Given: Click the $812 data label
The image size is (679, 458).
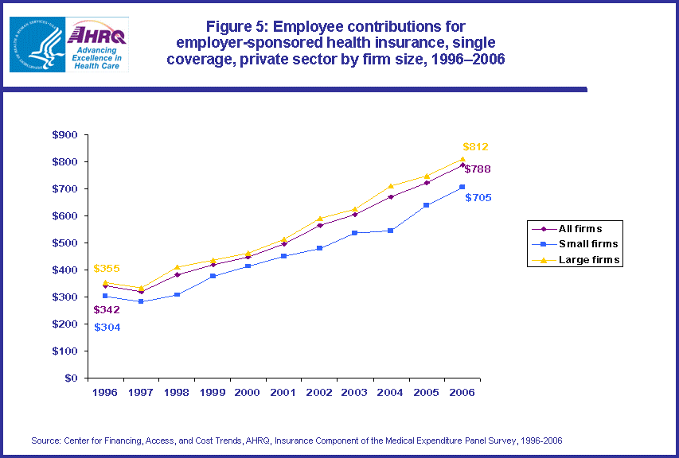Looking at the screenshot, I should click(x=475, y=147).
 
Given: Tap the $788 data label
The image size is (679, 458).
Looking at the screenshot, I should click(x=478, y=169).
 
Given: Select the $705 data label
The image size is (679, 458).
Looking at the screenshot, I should click(x=478, y=197).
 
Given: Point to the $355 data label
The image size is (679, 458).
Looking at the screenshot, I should click(x=107, y=269).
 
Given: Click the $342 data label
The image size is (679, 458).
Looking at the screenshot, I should click(x=107, y=310).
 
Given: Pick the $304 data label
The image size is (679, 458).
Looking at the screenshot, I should click(x=107, y=327).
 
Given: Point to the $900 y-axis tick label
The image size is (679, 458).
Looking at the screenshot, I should click(x=64, y=135).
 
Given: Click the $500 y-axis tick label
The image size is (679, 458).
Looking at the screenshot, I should click(x=64, y=243).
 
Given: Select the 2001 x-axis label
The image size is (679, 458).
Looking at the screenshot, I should click(x=284, y=393).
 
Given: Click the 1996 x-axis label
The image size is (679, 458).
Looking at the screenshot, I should click(x=105, y=393).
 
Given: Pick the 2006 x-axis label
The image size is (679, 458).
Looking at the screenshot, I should click(x=462, y=393).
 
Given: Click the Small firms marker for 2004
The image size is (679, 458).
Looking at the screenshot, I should click(x=391, y=231).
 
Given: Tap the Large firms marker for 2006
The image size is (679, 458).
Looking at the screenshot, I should click(x=462, y=159).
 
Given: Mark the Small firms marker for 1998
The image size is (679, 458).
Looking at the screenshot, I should click(x=177, y=295).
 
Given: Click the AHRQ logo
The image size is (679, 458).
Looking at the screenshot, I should click(x=99, y=45).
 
